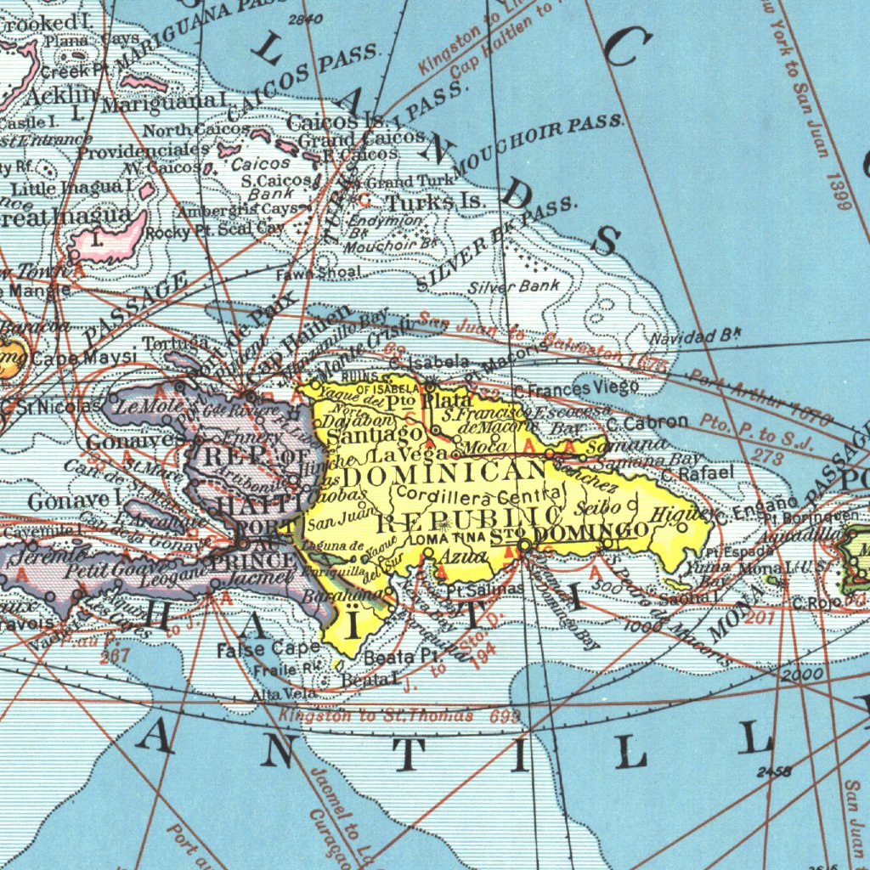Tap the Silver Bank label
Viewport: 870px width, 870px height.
point(515,286)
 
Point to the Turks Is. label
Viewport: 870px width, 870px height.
point(435,202)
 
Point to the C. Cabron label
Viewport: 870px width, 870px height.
point(647,422)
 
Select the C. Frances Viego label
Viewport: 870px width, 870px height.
point(577,389)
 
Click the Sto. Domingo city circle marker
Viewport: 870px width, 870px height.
point(525,544)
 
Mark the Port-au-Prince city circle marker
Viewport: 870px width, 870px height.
point(243,542)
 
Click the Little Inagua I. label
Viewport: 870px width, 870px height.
point(71,186)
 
